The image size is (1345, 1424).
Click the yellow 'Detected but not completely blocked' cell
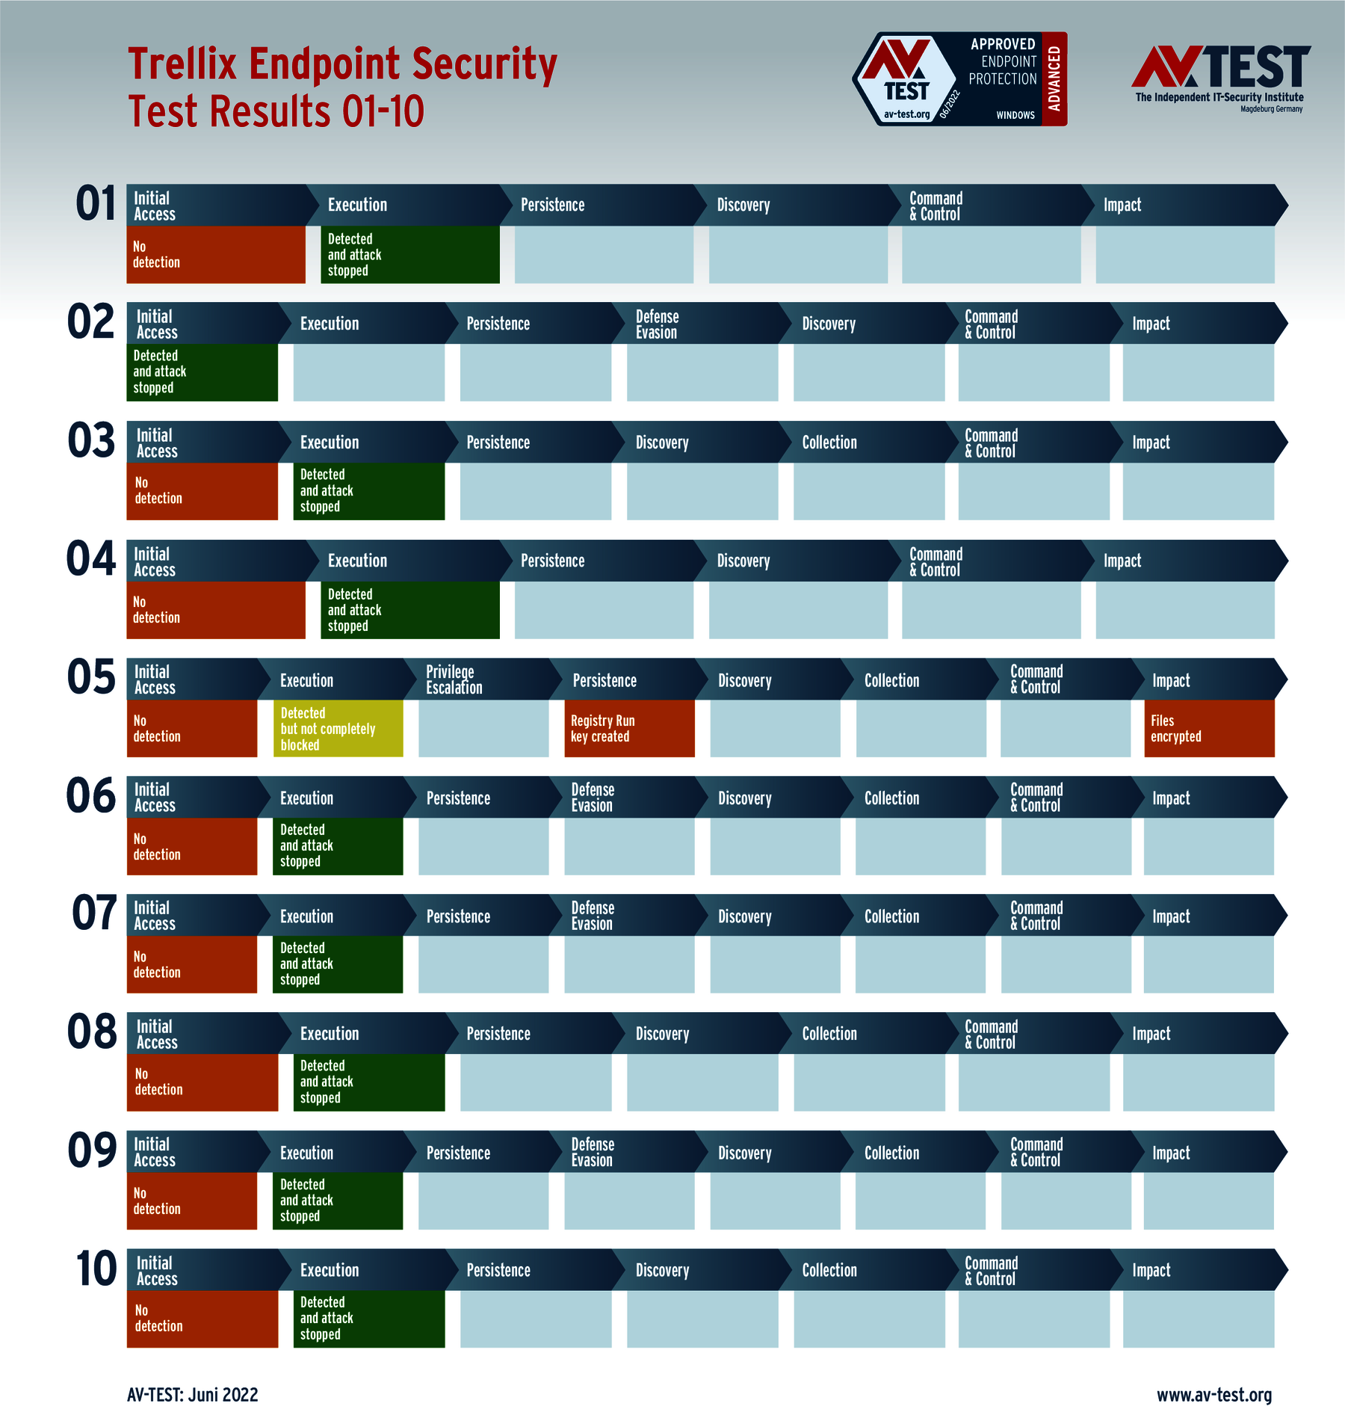click(338, 728)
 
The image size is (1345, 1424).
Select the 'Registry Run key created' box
click(629, 728)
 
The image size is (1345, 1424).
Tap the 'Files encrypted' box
click(1209, 728)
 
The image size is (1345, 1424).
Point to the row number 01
click(96, 204)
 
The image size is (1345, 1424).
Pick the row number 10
click(96, 1269)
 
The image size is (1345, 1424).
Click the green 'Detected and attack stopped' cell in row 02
click(202, 372)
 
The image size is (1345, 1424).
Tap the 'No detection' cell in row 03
click(202, 491)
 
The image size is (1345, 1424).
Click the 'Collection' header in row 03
click(829, 443)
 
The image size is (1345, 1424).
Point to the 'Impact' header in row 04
click(1122, 561)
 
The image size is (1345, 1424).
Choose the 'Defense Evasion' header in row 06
click(592, 798)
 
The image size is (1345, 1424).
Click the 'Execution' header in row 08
click(330, 1034)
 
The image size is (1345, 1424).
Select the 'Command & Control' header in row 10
click(991, 1271)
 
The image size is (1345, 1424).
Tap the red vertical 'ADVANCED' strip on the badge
click(1054, 78)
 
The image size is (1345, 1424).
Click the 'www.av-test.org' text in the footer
click(1213, 1395)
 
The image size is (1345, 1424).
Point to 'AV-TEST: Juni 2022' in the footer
click(193, 1395)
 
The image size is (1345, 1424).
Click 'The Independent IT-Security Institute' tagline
click(1219, 97)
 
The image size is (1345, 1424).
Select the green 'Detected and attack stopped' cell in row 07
click(338, 964)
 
